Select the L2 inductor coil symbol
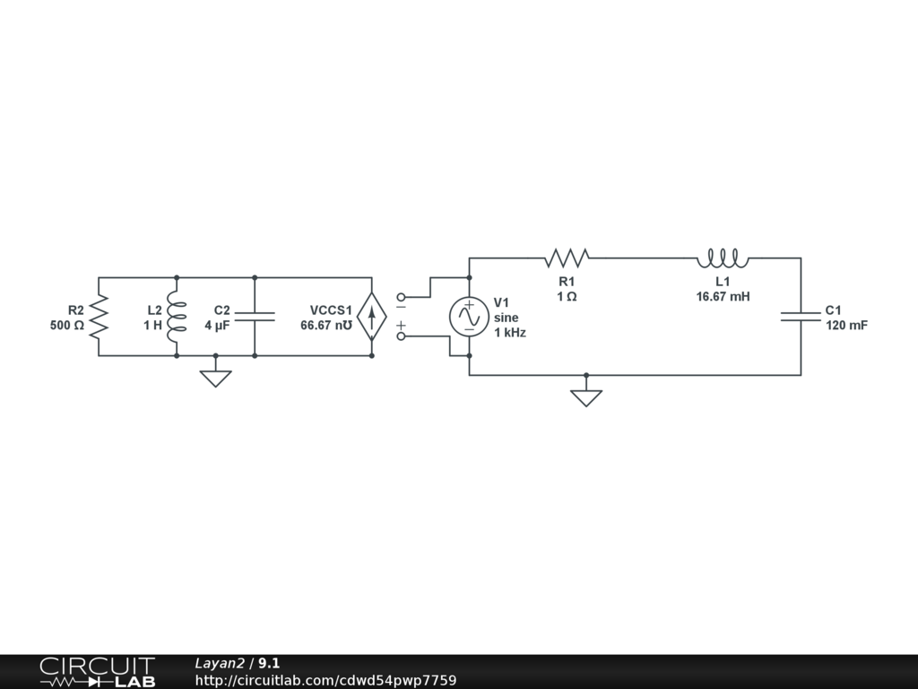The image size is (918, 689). tap(176, 317)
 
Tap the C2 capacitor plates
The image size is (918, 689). tap(255, 317)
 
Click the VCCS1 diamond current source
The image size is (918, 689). tap(371, 317)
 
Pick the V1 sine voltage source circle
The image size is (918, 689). tap(469, 317)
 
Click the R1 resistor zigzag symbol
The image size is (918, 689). tap(567, 258)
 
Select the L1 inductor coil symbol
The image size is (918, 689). tap(723, 258)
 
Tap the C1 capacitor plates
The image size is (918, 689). tap(801, 317)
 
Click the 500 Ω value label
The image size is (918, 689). tap(67, 326)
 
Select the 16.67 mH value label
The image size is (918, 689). tap(723, 296)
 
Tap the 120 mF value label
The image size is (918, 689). tap(846, 326)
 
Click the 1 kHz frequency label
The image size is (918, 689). tap(510, 332)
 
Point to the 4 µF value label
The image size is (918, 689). tap(217, 326)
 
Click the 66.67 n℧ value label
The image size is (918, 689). tap(326, 326)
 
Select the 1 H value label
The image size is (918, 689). tap(152, 326)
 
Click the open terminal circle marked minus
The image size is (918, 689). tap(400, 297)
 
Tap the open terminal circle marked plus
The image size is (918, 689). tap(400, 336)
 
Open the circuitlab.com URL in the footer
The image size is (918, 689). tap(325, 680)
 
